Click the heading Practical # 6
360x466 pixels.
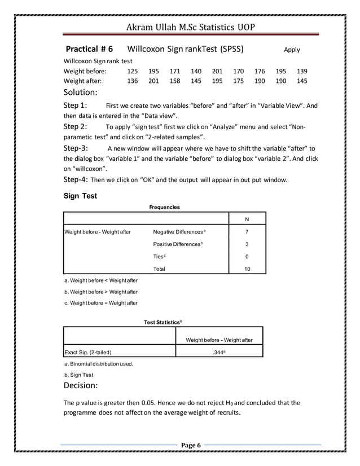[90, 49]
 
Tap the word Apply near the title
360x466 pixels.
[292, 50]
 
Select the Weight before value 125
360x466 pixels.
[132, 71]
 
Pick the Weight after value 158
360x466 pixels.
[175, 81]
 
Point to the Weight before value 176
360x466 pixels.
[260, 71]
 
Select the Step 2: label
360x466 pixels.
[75, 126]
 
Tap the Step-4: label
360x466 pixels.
[76, 181]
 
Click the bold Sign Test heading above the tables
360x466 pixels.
[80, 196]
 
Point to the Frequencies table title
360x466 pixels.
[164, 207]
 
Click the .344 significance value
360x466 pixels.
[219, 353]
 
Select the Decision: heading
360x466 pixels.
[81, 386]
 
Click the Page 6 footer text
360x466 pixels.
[191, 446]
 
